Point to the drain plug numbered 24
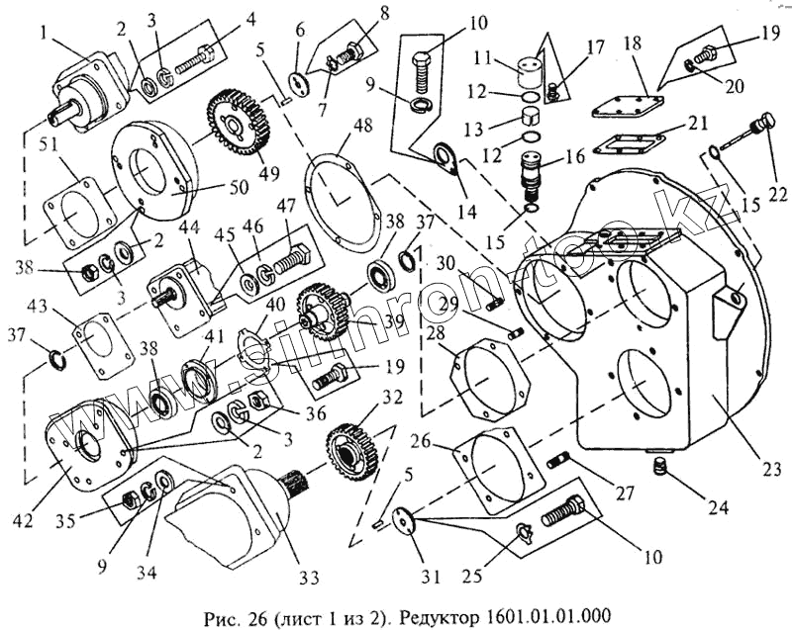pos(661,465)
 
